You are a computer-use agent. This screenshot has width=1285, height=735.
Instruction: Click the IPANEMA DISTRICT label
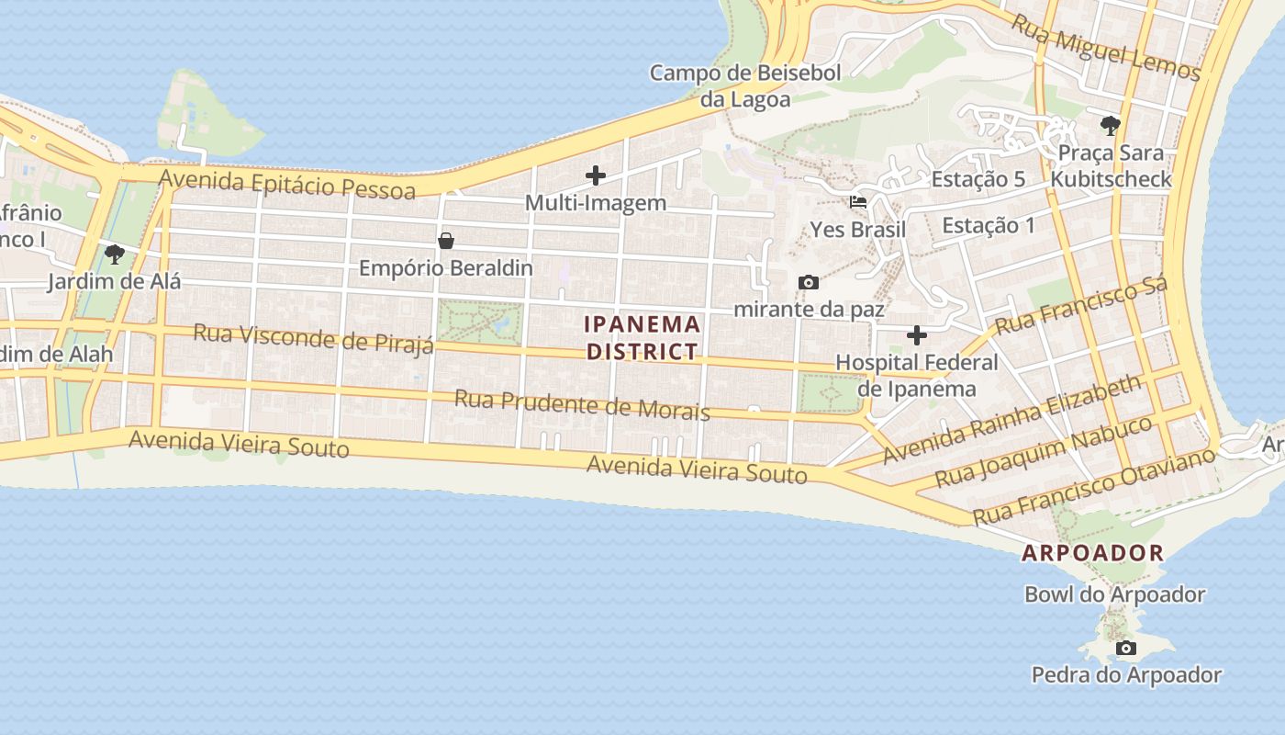642,337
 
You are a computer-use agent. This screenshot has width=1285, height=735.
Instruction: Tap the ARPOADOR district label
1093,553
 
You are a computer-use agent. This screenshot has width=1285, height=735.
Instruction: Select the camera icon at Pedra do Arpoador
1126,649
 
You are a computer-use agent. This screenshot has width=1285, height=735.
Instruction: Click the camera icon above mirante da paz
809,282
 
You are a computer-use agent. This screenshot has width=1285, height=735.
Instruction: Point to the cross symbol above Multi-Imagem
596,175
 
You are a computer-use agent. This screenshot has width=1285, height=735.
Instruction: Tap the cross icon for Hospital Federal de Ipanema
916,335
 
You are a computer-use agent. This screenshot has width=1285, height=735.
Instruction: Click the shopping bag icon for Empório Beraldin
446,241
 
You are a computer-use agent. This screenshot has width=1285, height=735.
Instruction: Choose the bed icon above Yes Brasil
858,201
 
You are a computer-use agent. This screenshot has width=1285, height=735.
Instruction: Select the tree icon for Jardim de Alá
114,254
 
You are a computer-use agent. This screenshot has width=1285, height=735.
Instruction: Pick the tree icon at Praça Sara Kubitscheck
1111,125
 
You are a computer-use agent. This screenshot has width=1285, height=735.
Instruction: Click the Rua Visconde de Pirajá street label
313,338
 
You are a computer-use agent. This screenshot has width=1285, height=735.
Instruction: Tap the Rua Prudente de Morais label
582,404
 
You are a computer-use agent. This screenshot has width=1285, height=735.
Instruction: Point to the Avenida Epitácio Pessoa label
286,182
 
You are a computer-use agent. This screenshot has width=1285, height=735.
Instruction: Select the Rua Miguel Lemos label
1106,45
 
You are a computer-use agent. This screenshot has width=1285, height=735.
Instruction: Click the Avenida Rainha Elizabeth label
1012,418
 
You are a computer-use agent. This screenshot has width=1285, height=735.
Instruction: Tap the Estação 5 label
978,179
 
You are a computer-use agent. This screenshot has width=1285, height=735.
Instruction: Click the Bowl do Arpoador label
1114,594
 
